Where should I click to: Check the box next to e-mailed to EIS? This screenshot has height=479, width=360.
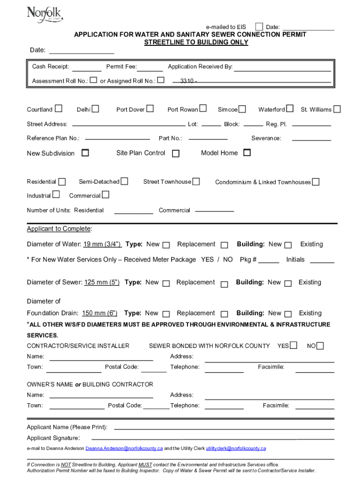point(259,26)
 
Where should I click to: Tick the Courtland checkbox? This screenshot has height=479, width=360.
point(58,109)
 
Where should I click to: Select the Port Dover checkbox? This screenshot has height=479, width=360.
point(150,109)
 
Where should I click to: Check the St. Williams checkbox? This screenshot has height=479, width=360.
point(337,109)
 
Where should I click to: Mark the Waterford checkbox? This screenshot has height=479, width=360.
point(290,109)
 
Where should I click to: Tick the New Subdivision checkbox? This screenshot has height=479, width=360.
point(85,152)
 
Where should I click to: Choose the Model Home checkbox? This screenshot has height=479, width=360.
point(247,152)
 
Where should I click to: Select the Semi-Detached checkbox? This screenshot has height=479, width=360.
point(124,181)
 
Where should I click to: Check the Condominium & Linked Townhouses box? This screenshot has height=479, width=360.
point(316,181)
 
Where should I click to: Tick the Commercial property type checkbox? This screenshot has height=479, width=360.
point(105,195)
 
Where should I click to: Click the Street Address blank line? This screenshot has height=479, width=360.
point(129,125)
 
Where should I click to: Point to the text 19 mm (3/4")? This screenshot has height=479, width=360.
point(102,244)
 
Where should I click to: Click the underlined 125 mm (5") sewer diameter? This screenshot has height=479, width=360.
point(102,283)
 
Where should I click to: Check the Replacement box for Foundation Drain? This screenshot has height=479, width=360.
point(224,314)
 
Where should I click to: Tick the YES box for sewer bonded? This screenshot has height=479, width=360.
point(293,346)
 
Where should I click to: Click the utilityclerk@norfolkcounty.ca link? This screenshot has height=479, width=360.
point(236,448)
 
